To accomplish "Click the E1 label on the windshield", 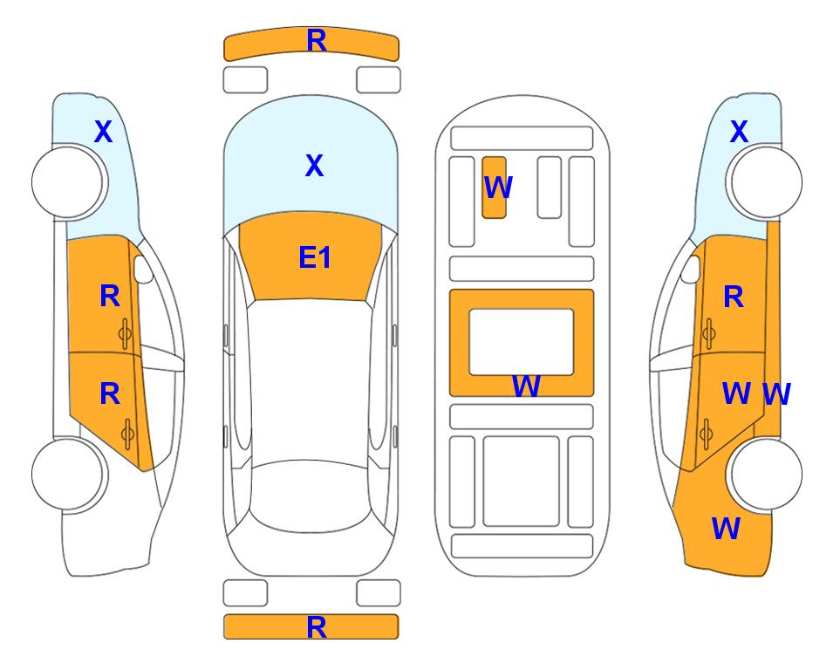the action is click(x=315, y=257).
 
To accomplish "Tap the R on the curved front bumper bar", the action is click(x=317, y=41).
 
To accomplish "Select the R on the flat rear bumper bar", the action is click(x=317, y=627).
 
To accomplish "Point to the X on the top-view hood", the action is click(x=315, y=165).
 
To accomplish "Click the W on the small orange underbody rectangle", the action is click(x=498, y=187).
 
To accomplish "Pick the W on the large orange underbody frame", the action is click(x=526, y=386).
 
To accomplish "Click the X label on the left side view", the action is click(x=104, y=132).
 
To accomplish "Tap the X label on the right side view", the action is click(x=739, y=132).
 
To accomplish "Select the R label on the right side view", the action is click(x=734, y=297).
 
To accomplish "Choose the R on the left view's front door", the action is click(x=110, y=297).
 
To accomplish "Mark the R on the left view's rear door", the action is click(x=110, y=394).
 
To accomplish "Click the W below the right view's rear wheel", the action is click(x=726, y=528).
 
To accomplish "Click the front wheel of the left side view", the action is click(x=68, y=181).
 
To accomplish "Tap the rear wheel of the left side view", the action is click(x=68, y=474).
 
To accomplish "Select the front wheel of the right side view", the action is click(x=764, y=181).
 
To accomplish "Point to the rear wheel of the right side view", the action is click(x=764, y=474).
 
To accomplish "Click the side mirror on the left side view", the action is click(x=142, y=269).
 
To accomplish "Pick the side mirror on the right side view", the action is click(x=691, y=269).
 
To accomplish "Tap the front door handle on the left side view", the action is click(x=126, y=333).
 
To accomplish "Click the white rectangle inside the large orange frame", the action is click(x=522, y=342).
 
